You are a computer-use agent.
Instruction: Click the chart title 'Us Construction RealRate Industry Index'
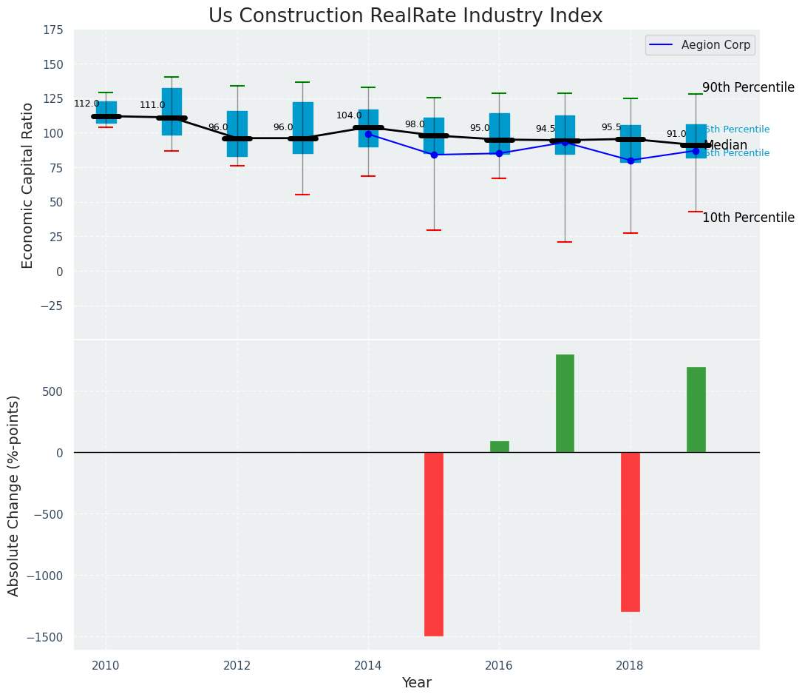[x=405, y=16]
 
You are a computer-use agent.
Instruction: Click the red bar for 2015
[x=434, y=544]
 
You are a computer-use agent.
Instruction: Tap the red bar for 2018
[x=631, y=531]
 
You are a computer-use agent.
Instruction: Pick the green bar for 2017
[x=565, y=403]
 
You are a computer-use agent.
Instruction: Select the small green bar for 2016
[x=500, y=446]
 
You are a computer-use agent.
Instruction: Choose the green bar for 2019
[x=696, y=409]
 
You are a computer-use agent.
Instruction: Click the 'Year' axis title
[x=416, y=683]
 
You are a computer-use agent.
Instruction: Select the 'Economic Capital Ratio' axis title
[x=28, y=185]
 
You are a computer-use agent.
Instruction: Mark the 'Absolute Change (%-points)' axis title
[x=14, y=495]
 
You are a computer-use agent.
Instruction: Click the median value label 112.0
[x=86, y=104]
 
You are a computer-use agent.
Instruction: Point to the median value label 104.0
[x=349, y=115]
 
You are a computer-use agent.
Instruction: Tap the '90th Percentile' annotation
[x=748, y=87]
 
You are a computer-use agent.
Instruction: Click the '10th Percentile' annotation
[x=748, y=218]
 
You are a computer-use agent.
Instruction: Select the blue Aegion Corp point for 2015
[x=434, y=155]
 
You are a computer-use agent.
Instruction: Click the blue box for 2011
[x=171, y=111]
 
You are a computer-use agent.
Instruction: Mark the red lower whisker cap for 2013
[x=302, y=195]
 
